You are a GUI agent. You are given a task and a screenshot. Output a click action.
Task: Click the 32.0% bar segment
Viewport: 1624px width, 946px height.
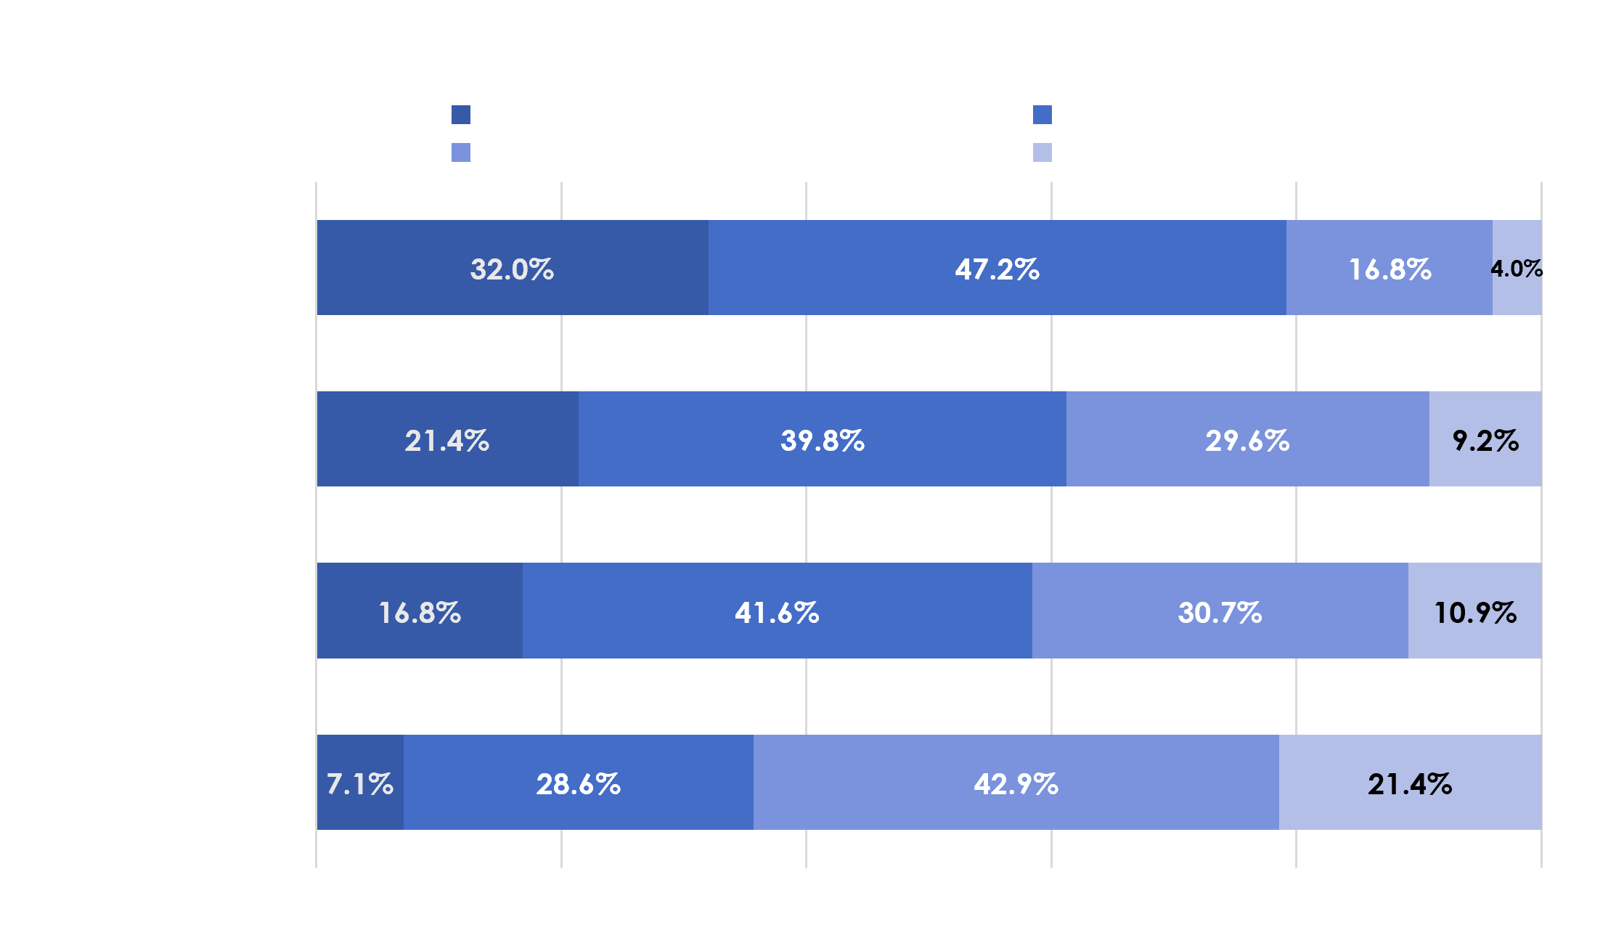513,267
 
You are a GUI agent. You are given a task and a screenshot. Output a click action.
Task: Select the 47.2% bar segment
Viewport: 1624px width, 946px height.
997,267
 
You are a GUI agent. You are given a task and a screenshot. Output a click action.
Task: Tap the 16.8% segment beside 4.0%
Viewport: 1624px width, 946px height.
1390,267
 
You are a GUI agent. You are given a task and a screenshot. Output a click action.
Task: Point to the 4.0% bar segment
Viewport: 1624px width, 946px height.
1517,267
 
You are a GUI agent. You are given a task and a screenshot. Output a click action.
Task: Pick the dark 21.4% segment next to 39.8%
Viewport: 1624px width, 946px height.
448,439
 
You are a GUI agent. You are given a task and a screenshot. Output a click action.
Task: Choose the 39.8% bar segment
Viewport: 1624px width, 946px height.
823,439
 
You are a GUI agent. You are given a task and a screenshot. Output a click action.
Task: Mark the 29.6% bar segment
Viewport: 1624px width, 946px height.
1248,439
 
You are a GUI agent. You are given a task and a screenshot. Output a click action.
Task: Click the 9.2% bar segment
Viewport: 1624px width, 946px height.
1485,439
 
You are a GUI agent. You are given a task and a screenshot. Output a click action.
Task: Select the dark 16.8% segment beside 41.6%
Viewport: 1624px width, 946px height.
420,611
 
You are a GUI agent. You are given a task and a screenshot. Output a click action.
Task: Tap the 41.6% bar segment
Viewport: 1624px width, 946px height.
778,611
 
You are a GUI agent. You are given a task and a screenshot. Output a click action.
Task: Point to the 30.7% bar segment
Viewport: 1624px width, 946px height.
1220,611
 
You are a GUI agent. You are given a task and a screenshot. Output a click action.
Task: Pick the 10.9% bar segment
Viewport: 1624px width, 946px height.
1475,611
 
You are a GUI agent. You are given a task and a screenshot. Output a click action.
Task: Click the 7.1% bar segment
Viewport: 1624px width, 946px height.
360,782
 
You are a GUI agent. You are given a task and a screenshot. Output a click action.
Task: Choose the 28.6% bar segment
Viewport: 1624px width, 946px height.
579,782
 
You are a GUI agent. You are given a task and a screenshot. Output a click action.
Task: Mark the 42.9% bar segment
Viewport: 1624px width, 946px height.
1016,782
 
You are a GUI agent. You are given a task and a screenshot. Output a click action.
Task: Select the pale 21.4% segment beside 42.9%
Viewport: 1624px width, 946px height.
1411,782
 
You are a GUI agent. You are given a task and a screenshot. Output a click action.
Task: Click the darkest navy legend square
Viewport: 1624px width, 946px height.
461,115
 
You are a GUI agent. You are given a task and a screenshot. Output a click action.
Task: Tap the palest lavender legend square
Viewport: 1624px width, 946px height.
1042,152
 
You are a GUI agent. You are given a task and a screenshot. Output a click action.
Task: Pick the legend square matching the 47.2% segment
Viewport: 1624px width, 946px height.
1042,115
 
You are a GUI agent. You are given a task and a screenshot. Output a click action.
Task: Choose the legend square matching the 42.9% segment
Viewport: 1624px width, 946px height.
461,152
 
